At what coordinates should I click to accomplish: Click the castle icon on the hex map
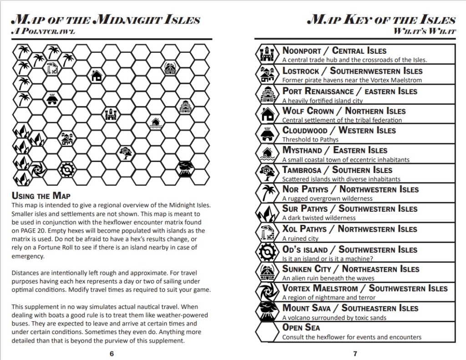pyautogui.click(x=111, y=114)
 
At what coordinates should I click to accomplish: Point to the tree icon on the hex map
pyautogui.click(x=125, y=152)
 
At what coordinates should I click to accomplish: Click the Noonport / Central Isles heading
pyautogui.click(x=334, y=51)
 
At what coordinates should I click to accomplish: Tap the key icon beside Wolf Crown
pyautogui.click(x=266, y=114)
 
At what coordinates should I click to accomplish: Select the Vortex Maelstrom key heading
pyautogui.click(x=365, y=288)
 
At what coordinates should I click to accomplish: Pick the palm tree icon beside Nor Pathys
pyautogui.click(x=266, y=193)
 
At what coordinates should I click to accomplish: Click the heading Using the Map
pyautogui.click(x=41, y=196)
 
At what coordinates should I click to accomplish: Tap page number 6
pyautogui.click(x=111, y=354)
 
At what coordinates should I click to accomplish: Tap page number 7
pyautogui.click(x=355, y=354)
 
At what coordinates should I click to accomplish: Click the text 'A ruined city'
pyautogui.click(x=300, y=238)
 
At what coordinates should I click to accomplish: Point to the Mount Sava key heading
pyautogui.click(x=350, y=308)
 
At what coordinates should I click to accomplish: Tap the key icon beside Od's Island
pyautogui.click(x=266, y=252)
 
